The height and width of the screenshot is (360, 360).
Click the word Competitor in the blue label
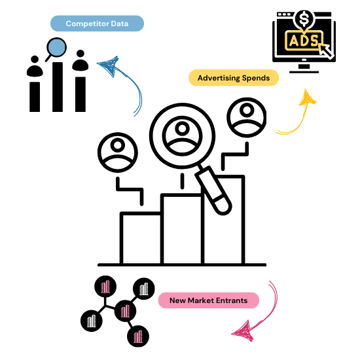pos(87,24)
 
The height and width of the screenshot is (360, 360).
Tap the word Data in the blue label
pos(118,24)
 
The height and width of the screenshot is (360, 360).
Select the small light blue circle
pos(57,47)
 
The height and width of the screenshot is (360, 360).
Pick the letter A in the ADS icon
pos(293,41)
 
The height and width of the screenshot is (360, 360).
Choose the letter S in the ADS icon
pos(314,41)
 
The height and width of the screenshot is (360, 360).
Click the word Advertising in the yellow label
pos(219,79)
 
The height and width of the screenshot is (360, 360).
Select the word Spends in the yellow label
pos(256,79)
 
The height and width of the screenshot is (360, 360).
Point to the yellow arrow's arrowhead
pos(306,98)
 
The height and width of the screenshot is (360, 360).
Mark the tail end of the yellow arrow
pos(278,133)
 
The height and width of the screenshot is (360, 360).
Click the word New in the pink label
pos(177,301)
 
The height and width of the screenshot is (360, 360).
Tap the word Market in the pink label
pos(201,301)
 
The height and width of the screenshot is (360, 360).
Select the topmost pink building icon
pos(105,287)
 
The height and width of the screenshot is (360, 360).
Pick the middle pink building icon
pos(126,312)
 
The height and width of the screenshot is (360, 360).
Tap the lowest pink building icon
pos(138,337)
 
